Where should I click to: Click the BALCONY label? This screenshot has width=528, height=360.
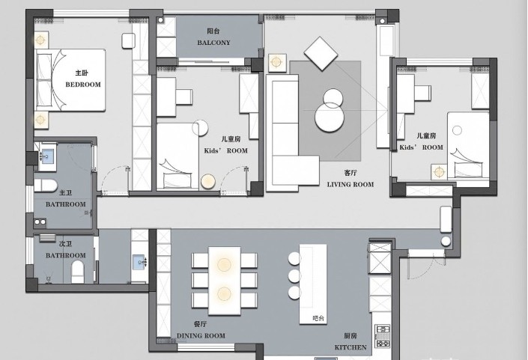click(214, 43)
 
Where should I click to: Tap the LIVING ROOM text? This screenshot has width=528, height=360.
click(351, 184)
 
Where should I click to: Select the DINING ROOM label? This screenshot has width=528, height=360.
click(201, 335)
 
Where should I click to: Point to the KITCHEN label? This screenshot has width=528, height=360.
click(351, 347)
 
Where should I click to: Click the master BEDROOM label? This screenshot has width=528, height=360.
click(83, 85)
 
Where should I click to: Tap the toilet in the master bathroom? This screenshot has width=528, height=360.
click(46, 186)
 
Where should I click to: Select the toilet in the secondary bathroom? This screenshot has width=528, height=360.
click(77, 272)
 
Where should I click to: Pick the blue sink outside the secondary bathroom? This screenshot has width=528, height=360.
click(139, 262)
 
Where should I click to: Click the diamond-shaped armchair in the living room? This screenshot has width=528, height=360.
click(321, 53)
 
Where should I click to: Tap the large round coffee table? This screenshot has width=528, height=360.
click(330, 118)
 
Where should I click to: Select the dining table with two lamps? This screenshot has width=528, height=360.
click(224, 281)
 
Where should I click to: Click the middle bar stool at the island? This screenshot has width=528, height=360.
click(294, 275)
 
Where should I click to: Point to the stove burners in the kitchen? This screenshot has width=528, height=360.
click(383, 335)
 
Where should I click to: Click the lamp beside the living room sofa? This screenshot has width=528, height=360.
click(276, 62)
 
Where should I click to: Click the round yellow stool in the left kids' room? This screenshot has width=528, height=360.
click(207, 182)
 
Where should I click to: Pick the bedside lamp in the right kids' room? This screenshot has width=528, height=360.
click(439, 172)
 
